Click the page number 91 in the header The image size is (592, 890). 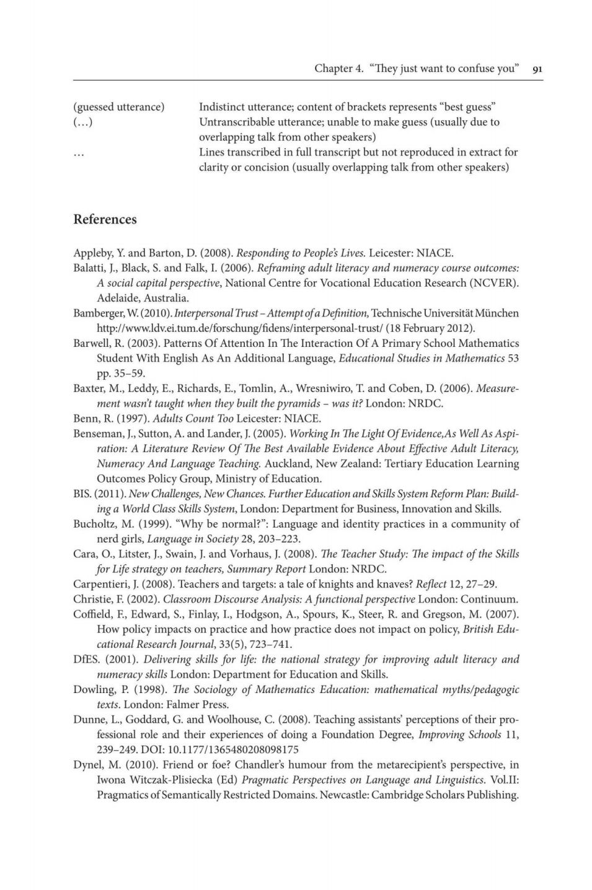coord(537,69)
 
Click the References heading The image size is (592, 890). coord(105,220)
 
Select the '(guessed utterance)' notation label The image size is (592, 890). coord(118,107)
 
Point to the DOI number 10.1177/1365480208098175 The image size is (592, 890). coord(234,749)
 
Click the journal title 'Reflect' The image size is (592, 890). coord(431,584)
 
